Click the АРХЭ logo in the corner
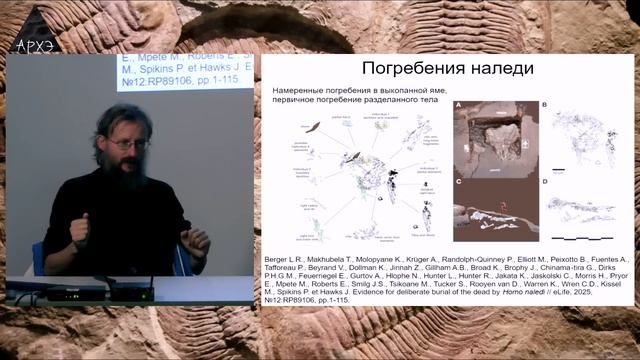coord(36,44)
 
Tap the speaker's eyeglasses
coord(128,145)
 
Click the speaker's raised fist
coord(78,231)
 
